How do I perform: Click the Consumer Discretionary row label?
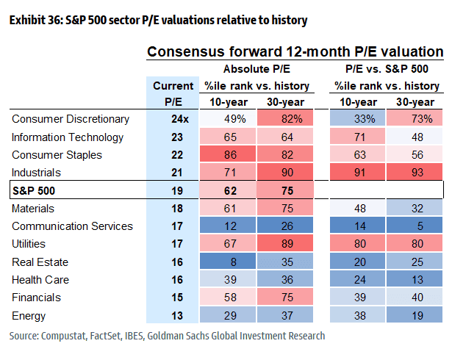(71, 119)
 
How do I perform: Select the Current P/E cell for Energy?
(173, 316)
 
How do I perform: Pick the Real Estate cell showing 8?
(229, 262)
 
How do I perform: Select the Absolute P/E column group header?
(256, 70)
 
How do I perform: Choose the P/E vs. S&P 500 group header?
(387, 70)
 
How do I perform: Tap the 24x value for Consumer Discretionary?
(173, 119)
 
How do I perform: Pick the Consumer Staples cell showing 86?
(229, 155)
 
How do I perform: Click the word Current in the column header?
(173, 86)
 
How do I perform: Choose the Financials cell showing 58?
(229, 298)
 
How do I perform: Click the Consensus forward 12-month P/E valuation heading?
(295, 52)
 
